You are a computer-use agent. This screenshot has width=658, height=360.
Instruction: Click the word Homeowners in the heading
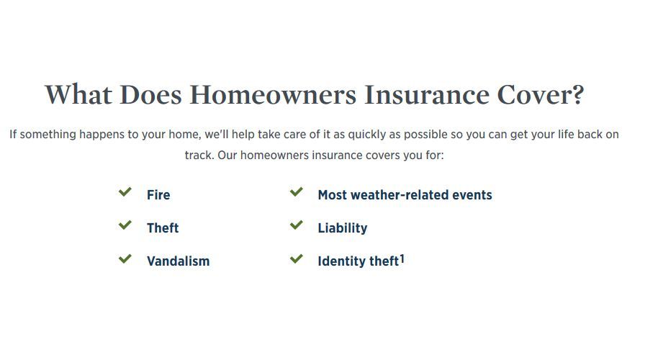tap(273, 94)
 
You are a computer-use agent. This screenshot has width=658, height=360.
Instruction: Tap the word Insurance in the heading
tap(427, 94)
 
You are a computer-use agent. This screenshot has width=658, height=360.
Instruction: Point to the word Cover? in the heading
tap(541, 94)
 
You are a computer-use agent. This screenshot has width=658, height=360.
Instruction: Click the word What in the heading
tap(78, 94)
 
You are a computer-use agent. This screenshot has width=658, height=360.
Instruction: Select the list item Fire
tap(158, 194)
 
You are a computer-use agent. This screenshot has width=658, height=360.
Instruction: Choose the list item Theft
tap(163, 228)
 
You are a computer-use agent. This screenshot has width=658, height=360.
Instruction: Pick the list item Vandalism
tap(178, 261)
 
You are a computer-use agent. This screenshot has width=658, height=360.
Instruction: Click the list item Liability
tap(343, 228)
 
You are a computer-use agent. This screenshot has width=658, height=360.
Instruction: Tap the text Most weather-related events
tap(405, 194)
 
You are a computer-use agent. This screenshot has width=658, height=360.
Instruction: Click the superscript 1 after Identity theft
tap(402, 259)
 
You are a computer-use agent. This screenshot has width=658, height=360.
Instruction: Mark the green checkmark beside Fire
tap(125, 192)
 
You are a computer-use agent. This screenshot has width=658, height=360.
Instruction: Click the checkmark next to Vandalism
tap(125, 258)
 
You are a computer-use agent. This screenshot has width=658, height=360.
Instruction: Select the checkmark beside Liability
tap(297, 225)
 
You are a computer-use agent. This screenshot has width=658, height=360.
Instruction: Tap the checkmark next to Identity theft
tap(297, 258)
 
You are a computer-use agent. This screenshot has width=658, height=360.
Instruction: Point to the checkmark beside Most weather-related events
tap(297, 192)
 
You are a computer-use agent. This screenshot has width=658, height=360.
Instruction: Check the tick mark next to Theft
tap(125, 225)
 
